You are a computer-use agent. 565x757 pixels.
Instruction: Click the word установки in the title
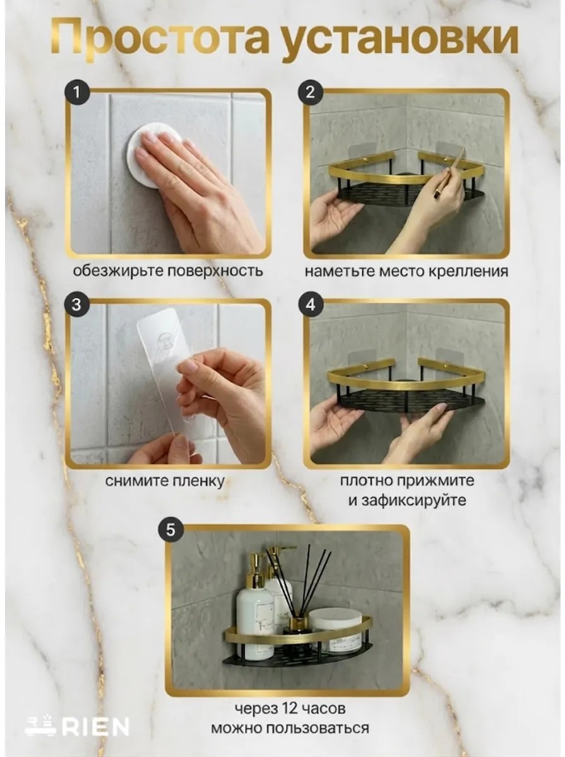pyautogui.click(x=401, y=40)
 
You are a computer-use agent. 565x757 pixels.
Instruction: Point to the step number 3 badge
pyautogui.click(x=76, y=305)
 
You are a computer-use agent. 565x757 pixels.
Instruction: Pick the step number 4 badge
pyautogui.click(x=311, y=305)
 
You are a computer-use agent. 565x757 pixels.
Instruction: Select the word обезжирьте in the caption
pyautogui.click(x=117, y=271)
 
